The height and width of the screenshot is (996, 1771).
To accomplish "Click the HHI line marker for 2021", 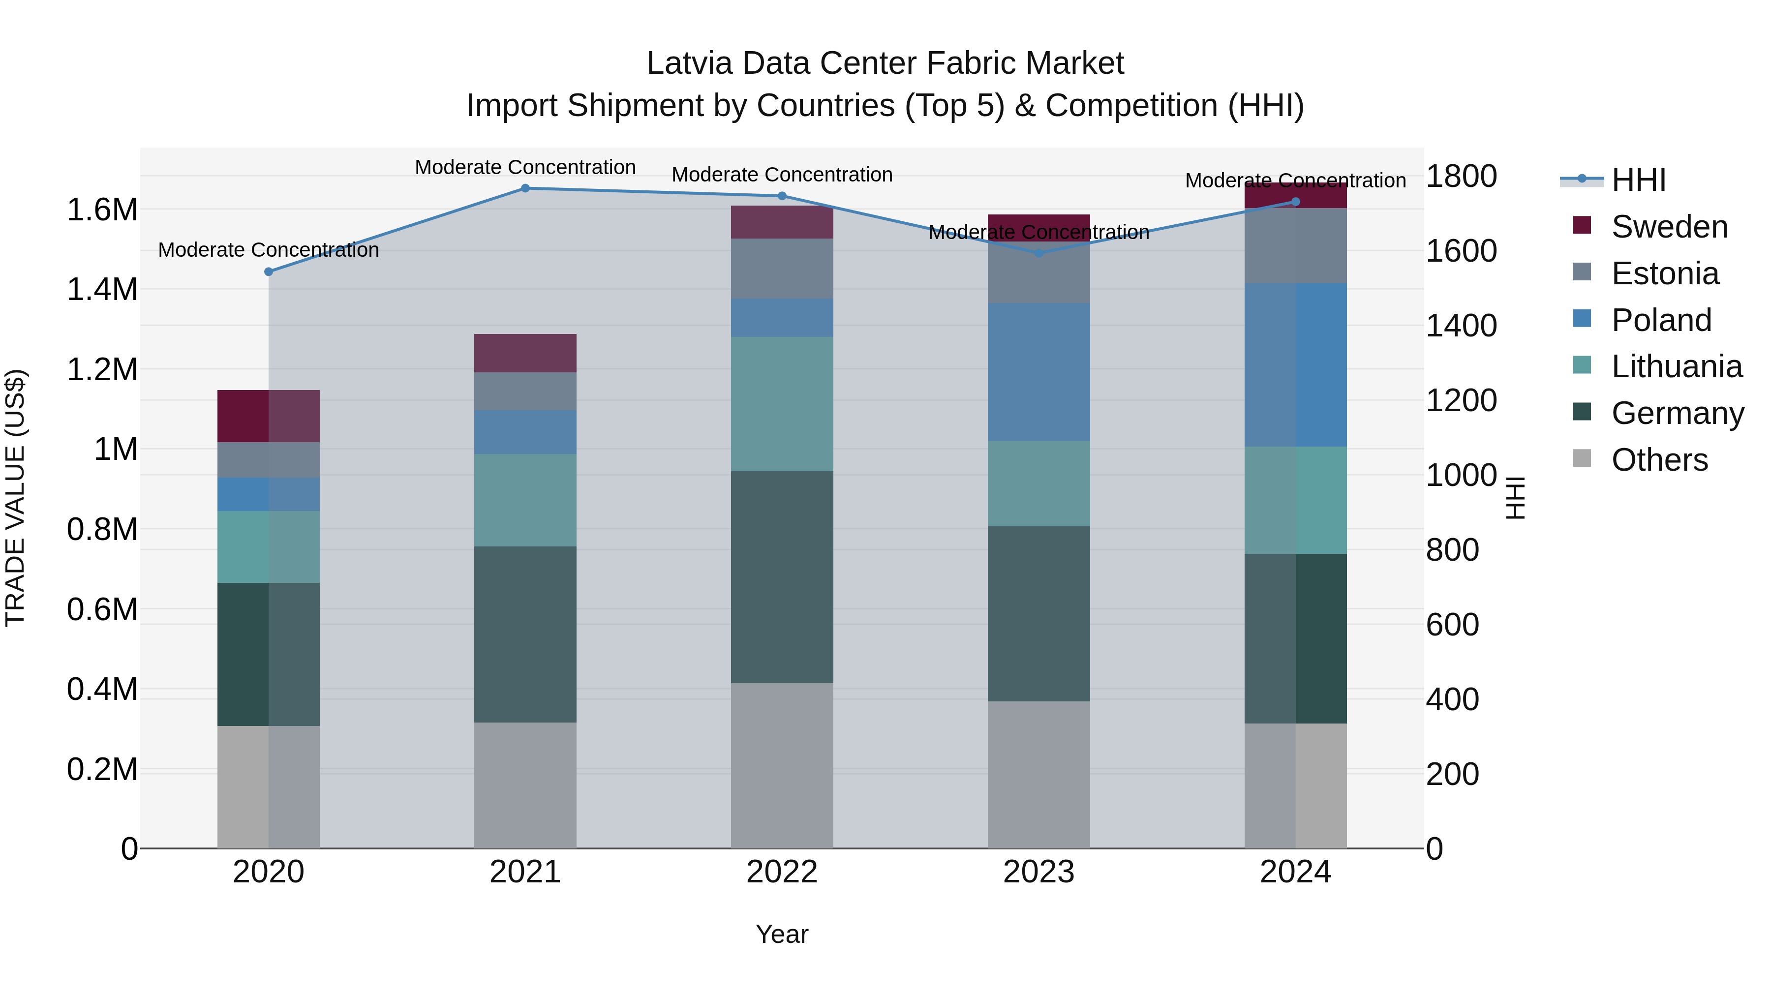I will [525, 188].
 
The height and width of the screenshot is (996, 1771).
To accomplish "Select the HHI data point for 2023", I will [1039, 252].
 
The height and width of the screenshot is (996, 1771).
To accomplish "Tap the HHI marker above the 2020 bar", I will [269, 272].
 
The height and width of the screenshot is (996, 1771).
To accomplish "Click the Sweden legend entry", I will [1669, 227].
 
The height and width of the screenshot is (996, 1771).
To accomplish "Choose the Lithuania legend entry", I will [1676, 366].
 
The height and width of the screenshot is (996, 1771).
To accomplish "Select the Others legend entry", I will [1659, 460].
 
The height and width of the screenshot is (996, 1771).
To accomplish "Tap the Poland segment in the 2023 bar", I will [1039, 371].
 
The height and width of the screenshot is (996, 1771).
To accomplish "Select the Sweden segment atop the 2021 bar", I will [525, 353].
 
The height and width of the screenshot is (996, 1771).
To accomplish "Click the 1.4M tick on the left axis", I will [102, 289].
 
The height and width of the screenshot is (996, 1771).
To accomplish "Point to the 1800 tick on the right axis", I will [1461, 176].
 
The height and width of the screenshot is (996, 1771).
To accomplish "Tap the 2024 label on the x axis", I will [1295, 872].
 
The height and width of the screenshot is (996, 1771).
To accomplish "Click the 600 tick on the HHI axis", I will [1452, 625].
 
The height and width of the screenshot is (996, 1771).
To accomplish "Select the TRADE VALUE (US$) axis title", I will [16, 498].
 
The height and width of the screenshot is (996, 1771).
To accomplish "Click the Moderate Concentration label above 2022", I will [782, 175].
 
